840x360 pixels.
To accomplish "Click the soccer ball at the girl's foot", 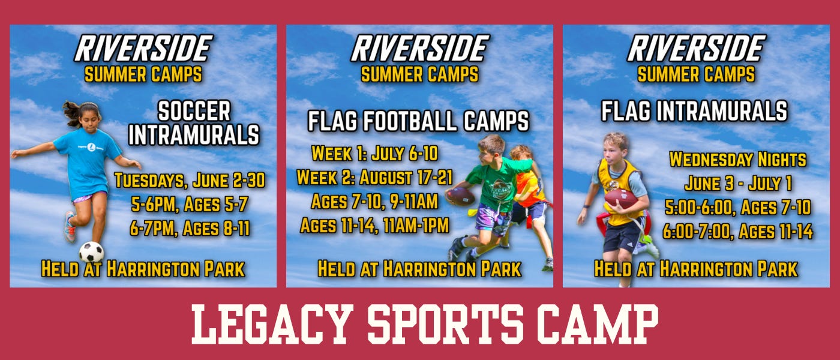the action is pyautogui.click(x=91, y=251).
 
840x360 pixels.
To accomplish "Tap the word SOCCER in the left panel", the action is pyautogui.click(x=194, y=112).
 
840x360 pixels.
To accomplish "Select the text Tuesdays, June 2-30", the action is pyautogui.click(x=190, y=181).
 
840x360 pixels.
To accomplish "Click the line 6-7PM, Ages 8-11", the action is pyautogui.click(x=190, y=229).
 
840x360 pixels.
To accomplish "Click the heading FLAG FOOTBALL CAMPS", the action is pyautogui.click(x=418, y=121).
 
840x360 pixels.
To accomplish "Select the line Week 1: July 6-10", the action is pyautogui.click(x=374, y=154).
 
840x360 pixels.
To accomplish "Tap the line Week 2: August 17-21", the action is pyautogui.click(x=374, y=178).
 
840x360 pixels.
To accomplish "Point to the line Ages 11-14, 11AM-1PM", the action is pyautogui.click(x=374, y=226).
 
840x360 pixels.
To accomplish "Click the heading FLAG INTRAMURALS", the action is pyautogui.click(x=694, y=111).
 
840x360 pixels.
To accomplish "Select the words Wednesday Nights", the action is pyautogui.click(x=737, y=160).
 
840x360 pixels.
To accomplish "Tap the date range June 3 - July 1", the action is pyautogui.click(x=737, y=184).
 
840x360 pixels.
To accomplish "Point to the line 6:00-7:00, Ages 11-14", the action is pyautogui.click(x=737, y=232).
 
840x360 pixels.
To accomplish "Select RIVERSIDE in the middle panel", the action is pyautogui.click(x=420, y=49).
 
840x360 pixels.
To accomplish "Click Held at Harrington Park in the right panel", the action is pyautogui.click(x=696, y=269).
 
